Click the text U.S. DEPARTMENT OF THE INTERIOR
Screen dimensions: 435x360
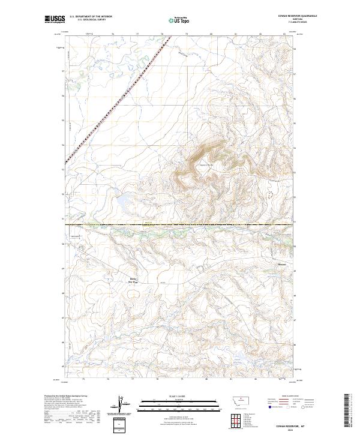[91, 17]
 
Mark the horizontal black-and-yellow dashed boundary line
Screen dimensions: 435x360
[180, 224]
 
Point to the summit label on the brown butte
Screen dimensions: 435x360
[206, 164]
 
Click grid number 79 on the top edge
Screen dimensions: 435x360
[187, 34]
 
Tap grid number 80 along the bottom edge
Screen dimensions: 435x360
[206, 379]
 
